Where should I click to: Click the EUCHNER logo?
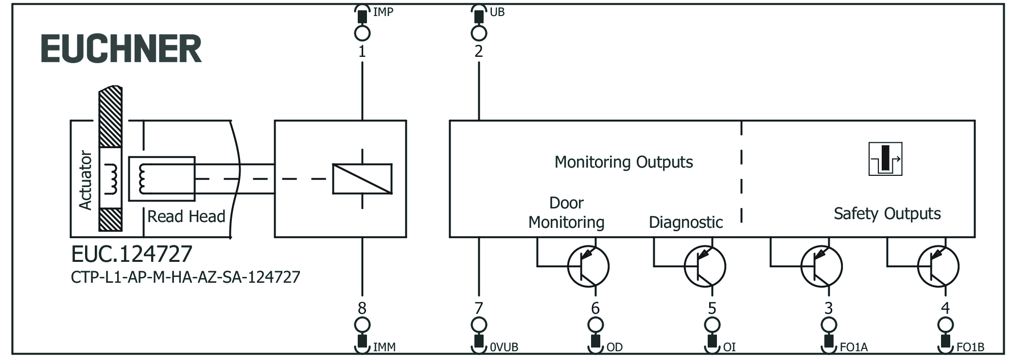click(x=121, y=49)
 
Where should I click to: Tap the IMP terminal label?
click(x=383, y=12)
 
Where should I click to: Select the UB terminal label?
click(x=497, y=12)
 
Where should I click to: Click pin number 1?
click(x=362, y=51)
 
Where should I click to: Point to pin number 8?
click(x=362, y=308)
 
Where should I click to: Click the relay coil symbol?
click(x=362, y=179)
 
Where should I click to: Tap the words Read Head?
click(x=186, y=216)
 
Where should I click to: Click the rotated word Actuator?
click(x=86, y=180)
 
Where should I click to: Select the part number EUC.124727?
click(x=132, y=254)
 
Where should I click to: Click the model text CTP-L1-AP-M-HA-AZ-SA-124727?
click(x=185, y=277)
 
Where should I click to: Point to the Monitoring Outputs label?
click(x=624, y=162)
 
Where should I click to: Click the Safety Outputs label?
click(x=887, y=213)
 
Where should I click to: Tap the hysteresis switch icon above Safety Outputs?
click(x=885, y=159)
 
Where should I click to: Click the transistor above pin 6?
click(x=588, y=266)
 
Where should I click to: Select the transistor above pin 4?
click(x=938, y=266)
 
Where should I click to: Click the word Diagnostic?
click(x=685, y=222)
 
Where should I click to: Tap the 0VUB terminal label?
click(x=504, y=347)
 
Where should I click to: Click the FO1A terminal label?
click(x=854, y=347)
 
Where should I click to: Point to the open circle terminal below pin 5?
click(x=712, y=325)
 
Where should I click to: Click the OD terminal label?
click(x=614, y=347)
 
